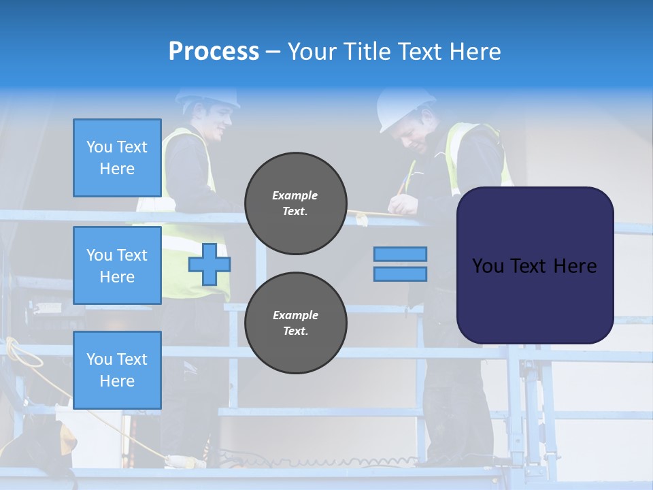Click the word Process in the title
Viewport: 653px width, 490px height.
(214, 52)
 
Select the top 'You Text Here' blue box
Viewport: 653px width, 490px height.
(117, 158)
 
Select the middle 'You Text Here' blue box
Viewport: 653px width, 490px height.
(117, 265)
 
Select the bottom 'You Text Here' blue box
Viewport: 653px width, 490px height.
(117, 370)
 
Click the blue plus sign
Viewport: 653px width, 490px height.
(209, 265)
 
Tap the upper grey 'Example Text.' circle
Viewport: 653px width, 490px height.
(295, 203)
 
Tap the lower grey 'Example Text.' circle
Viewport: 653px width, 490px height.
(295, 323)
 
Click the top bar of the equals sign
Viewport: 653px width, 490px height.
(400, 254)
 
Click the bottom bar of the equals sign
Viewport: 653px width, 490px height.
(400, 274)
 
